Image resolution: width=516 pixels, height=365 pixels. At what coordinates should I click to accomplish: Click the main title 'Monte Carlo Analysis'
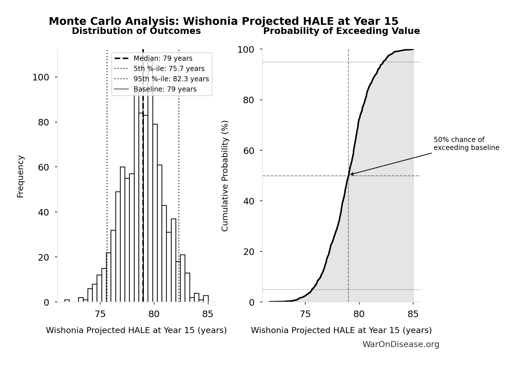[223, 21]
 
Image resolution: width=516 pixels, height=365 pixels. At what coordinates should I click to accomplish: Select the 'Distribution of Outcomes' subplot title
[136, 31]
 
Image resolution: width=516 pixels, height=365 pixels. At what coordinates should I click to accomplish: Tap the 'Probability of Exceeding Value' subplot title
[341, 31]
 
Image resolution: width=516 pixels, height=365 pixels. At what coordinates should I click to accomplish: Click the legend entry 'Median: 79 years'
[163, 58]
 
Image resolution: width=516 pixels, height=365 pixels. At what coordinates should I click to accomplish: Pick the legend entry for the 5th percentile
[169, 69]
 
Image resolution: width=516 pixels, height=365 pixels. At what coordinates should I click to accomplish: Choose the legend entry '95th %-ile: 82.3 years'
[171, 79]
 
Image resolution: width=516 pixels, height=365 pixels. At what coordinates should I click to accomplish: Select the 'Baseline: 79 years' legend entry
[165, 89]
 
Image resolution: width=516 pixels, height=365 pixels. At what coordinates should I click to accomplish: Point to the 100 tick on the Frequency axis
[40, 77]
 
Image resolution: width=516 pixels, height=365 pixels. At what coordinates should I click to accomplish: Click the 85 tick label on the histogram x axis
[208, 314]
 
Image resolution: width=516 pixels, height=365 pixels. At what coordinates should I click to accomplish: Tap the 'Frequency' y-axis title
[21, 176]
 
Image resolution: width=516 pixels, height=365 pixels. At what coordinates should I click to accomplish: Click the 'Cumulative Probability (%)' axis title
[225, 176]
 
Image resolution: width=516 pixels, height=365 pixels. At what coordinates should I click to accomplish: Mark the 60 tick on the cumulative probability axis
[249, 151]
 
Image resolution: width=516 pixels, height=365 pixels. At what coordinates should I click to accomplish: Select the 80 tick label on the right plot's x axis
[359, 314]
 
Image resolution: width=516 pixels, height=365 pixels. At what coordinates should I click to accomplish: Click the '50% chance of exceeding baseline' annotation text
[466, 144]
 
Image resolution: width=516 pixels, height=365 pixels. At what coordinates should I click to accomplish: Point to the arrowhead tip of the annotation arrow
[350, 174]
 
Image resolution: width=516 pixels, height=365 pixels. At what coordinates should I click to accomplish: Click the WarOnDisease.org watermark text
[401, 344]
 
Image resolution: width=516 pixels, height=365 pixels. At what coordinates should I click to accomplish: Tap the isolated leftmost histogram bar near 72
[67, 301]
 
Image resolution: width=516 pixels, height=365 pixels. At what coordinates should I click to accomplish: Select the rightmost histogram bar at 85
[206, 299]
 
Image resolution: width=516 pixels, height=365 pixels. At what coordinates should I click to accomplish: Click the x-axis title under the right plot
[341, 330]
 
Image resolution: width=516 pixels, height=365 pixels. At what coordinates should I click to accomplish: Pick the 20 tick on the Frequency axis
[43, 257]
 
